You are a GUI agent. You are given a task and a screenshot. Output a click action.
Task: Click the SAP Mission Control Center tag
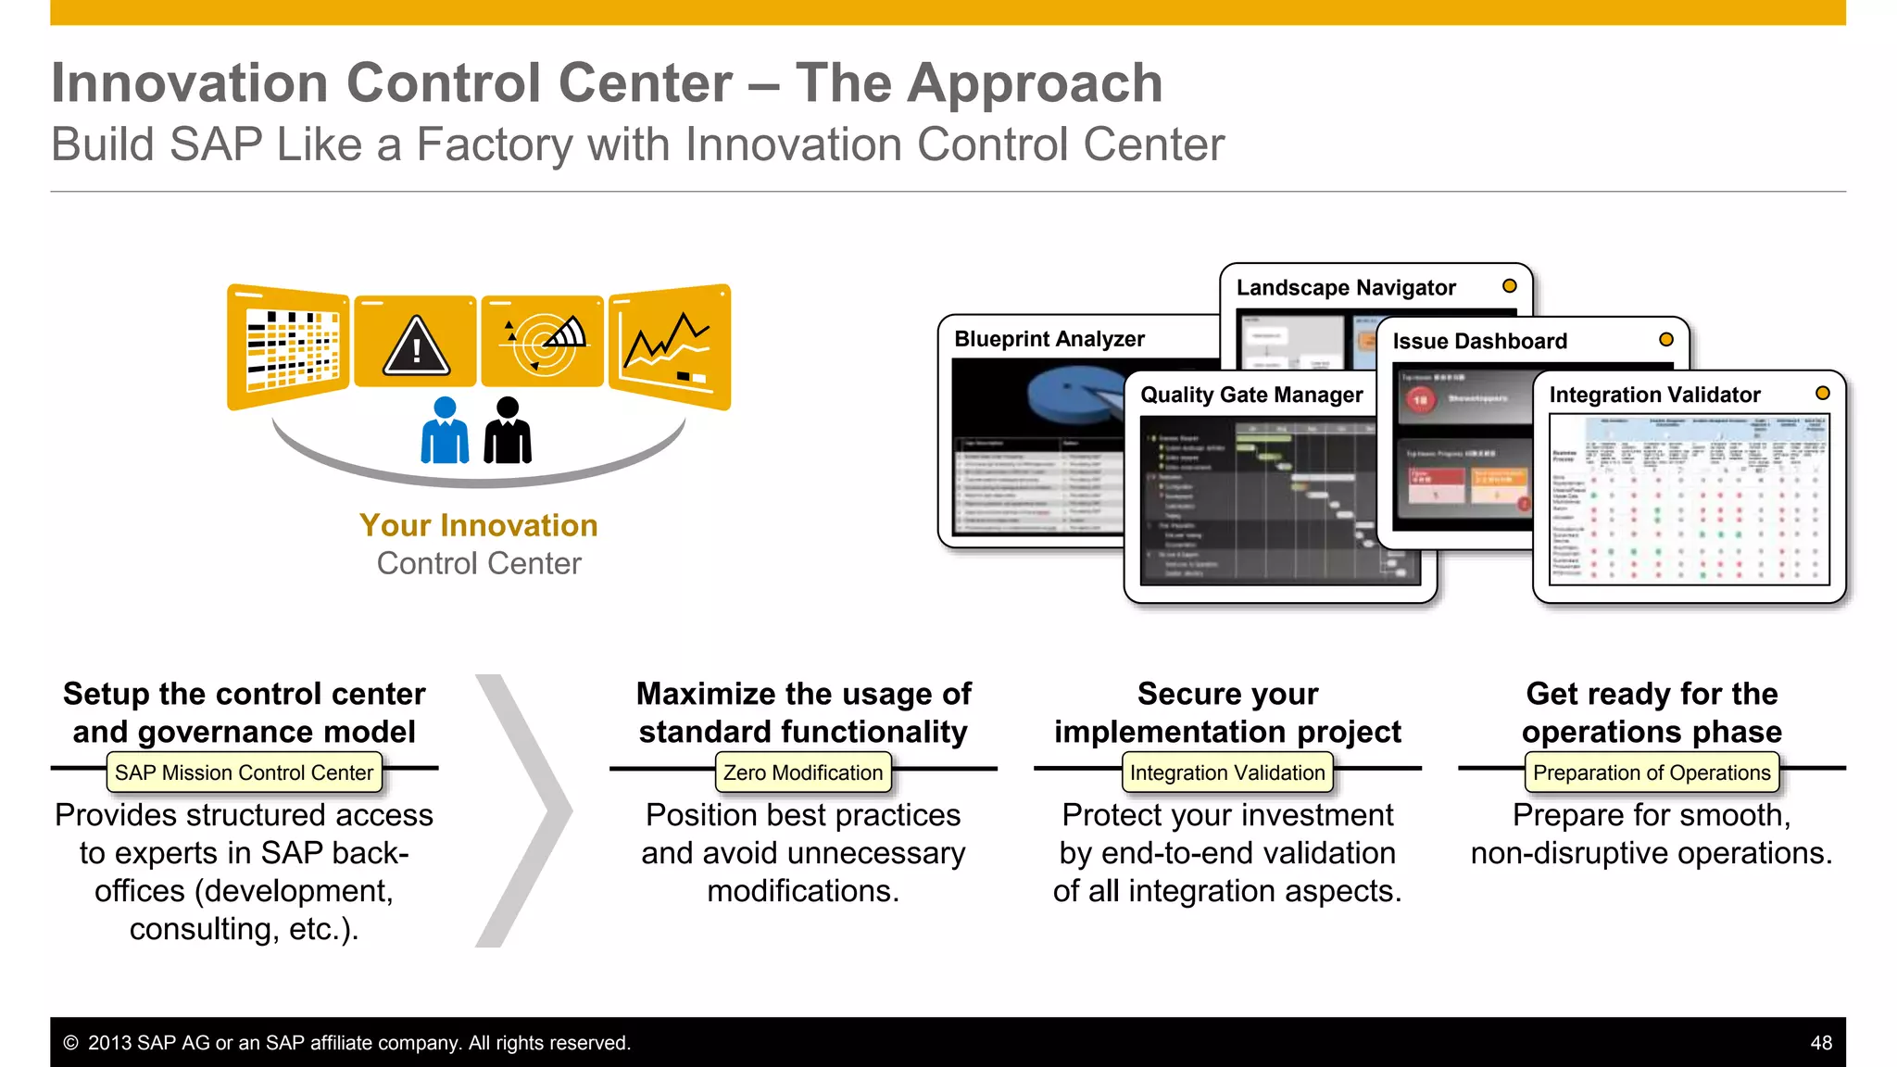(x=244, y=772)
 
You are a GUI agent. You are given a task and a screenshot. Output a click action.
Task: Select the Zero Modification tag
(x=803, y=772)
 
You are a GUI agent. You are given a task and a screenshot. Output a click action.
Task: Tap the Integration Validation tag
(x=1227, y=772)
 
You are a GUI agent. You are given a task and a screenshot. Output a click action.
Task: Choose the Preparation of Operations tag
(x=1652, y=772)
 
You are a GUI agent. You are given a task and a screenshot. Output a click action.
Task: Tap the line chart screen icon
(x=669, y=345)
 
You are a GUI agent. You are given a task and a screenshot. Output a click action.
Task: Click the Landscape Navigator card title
(x=1346, y=288)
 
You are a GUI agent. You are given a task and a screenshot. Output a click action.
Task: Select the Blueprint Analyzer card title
(x=1049, y=339)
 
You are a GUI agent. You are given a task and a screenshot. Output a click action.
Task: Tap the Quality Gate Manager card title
(x=1251, y=395)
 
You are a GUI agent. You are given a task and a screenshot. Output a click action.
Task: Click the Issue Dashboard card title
(x=1479, y=342)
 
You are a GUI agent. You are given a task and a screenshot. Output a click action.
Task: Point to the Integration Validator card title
(x=1654, y=395)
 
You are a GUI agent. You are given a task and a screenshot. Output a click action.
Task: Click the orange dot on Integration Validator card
(x=1822, y=394)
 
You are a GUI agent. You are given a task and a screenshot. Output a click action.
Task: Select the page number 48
(x=1820, y=1043)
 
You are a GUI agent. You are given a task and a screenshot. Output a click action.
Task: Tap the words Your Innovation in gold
(x=479, y=526)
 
